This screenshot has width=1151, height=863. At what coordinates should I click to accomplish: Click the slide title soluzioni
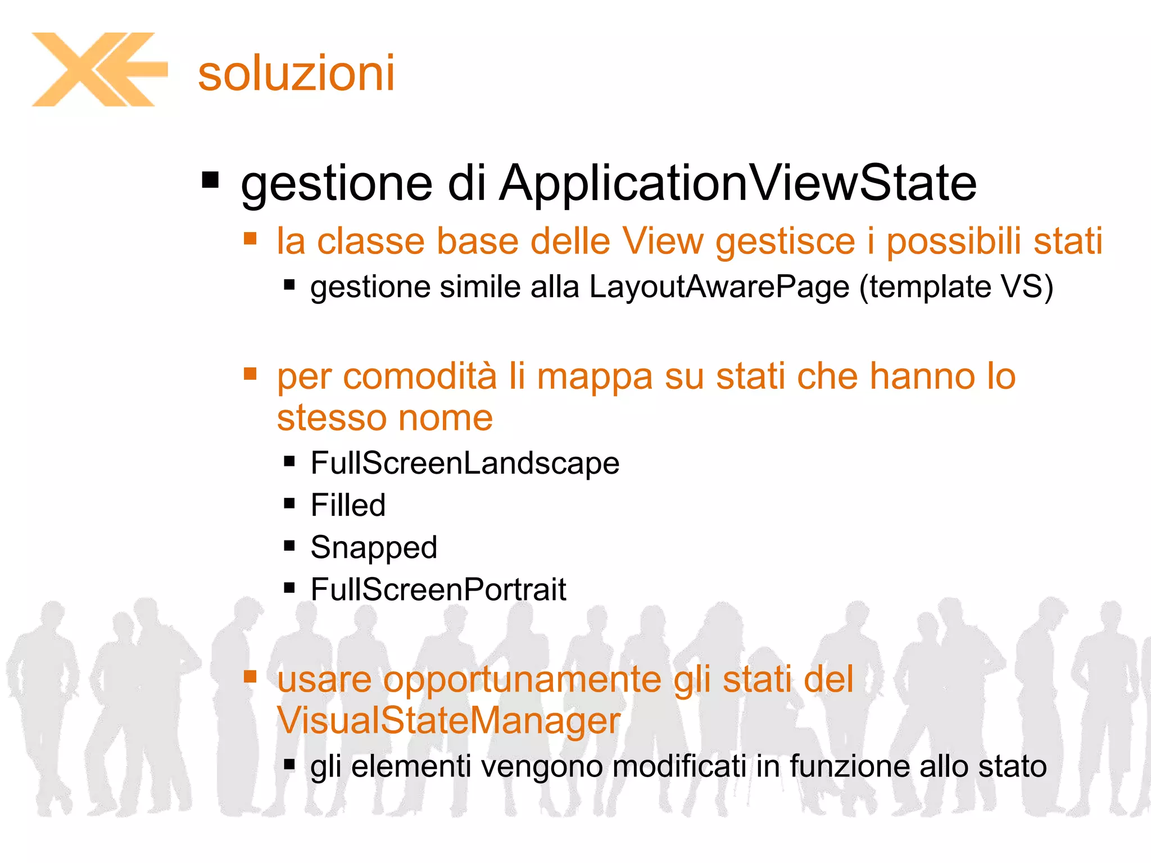pos(296,73)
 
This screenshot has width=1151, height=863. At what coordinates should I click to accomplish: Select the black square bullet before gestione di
pos(210,181)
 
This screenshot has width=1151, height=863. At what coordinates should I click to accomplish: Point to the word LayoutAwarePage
pos(719,287)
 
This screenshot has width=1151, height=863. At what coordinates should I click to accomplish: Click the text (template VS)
pos(956,287)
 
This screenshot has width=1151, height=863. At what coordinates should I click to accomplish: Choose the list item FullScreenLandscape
pos(465,464)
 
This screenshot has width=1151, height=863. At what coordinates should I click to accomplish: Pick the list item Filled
pos(348,505)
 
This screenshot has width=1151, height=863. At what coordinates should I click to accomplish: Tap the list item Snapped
pos(374,548)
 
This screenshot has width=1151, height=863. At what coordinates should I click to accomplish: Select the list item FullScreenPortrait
pos(438,590)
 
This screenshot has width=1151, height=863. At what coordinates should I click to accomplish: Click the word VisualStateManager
pos(448,721)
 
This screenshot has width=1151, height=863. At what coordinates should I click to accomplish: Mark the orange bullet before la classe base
pos(250,239)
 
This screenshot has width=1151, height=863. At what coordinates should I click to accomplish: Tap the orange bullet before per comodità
pos(250,374)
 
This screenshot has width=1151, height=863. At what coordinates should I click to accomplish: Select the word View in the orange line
pos(663,242)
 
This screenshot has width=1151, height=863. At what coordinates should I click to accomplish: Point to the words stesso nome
pos(385,418)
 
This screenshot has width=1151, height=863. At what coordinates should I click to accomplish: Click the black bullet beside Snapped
pos(289,546)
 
